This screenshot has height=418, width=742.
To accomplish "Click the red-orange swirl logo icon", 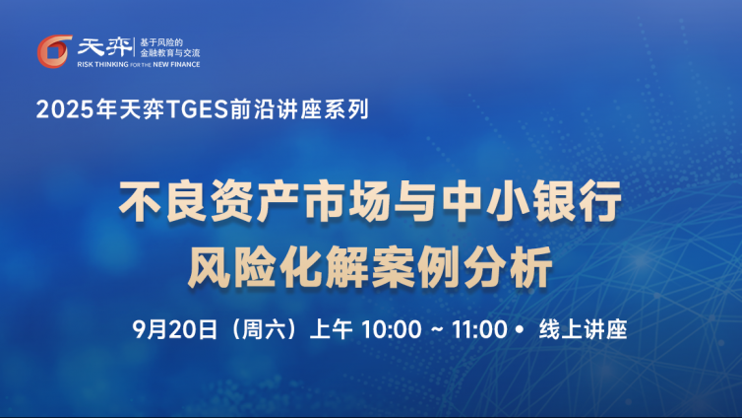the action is click(54, 50).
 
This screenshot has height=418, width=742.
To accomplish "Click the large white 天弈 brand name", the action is click(104, 47).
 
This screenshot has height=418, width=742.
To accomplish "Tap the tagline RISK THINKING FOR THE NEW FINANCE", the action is click(139, 64).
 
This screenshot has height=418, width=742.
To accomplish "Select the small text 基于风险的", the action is click(161, 42).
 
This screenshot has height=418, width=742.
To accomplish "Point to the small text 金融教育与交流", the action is click(170, 53).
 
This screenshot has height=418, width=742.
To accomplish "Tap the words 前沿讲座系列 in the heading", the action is click(299, 109).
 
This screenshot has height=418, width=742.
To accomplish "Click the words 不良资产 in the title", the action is click(209, 201).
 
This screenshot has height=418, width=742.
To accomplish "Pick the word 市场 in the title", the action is click(347, 201).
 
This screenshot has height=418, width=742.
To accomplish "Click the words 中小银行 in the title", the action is click(531, 201).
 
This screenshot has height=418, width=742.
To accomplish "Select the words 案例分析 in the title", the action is click(463, 267).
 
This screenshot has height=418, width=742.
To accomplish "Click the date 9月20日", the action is click(174, 329).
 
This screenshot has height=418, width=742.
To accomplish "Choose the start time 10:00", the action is click(391, 329).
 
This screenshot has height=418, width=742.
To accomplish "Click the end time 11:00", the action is click(479, 329).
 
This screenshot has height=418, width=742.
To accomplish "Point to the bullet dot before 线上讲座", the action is click(521, 328).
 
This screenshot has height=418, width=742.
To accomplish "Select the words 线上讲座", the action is click(583, 329).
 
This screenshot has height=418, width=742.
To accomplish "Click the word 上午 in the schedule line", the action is click(331, 329).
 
